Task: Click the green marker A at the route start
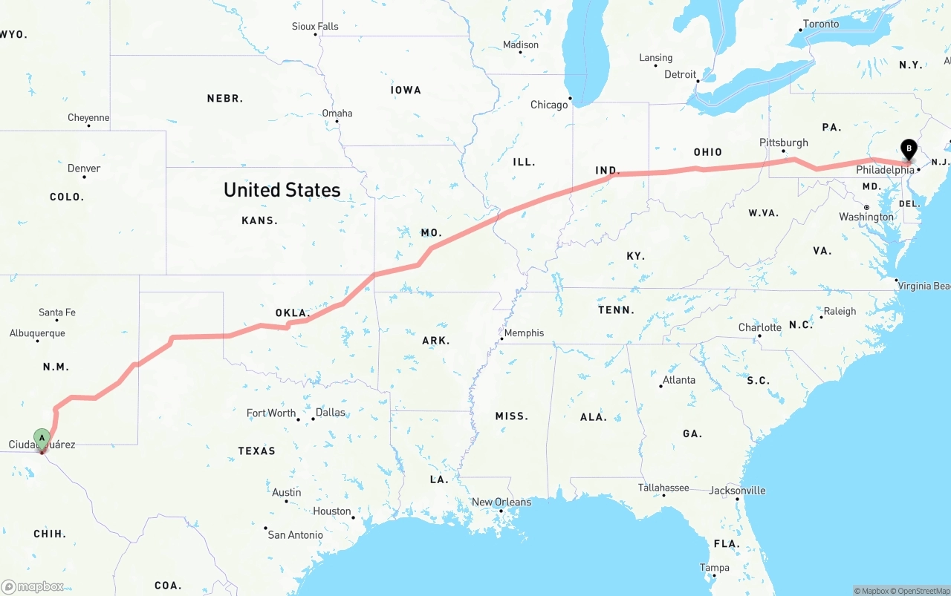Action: point(42,438)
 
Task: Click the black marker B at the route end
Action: point(908,148)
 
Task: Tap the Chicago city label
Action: point(549,105)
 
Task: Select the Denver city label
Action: point(84,168)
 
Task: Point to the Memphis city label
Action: point(524,333)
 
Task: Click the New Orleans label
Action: point(502,502)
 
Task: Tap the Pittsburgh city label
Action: point(783,143)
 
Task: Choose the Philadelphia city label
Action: point(885,170)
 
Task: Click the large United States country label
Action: point(282,190)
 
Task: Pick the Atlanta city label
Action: point(679,380)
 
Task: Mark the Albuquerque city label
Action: point(37,333)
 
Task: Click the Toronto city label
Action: point(821,24)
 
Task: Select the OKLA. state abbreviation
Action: point(292,312)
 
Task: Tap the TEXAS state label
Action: point(256,451)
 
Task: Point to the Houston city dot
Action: point(354,517)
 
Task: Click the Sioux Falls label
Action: point(315,27)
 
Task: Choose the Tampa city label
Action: point(714,568)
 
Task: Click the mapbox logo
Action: point(33,586)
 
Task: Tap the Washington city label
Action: point(866,217)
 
